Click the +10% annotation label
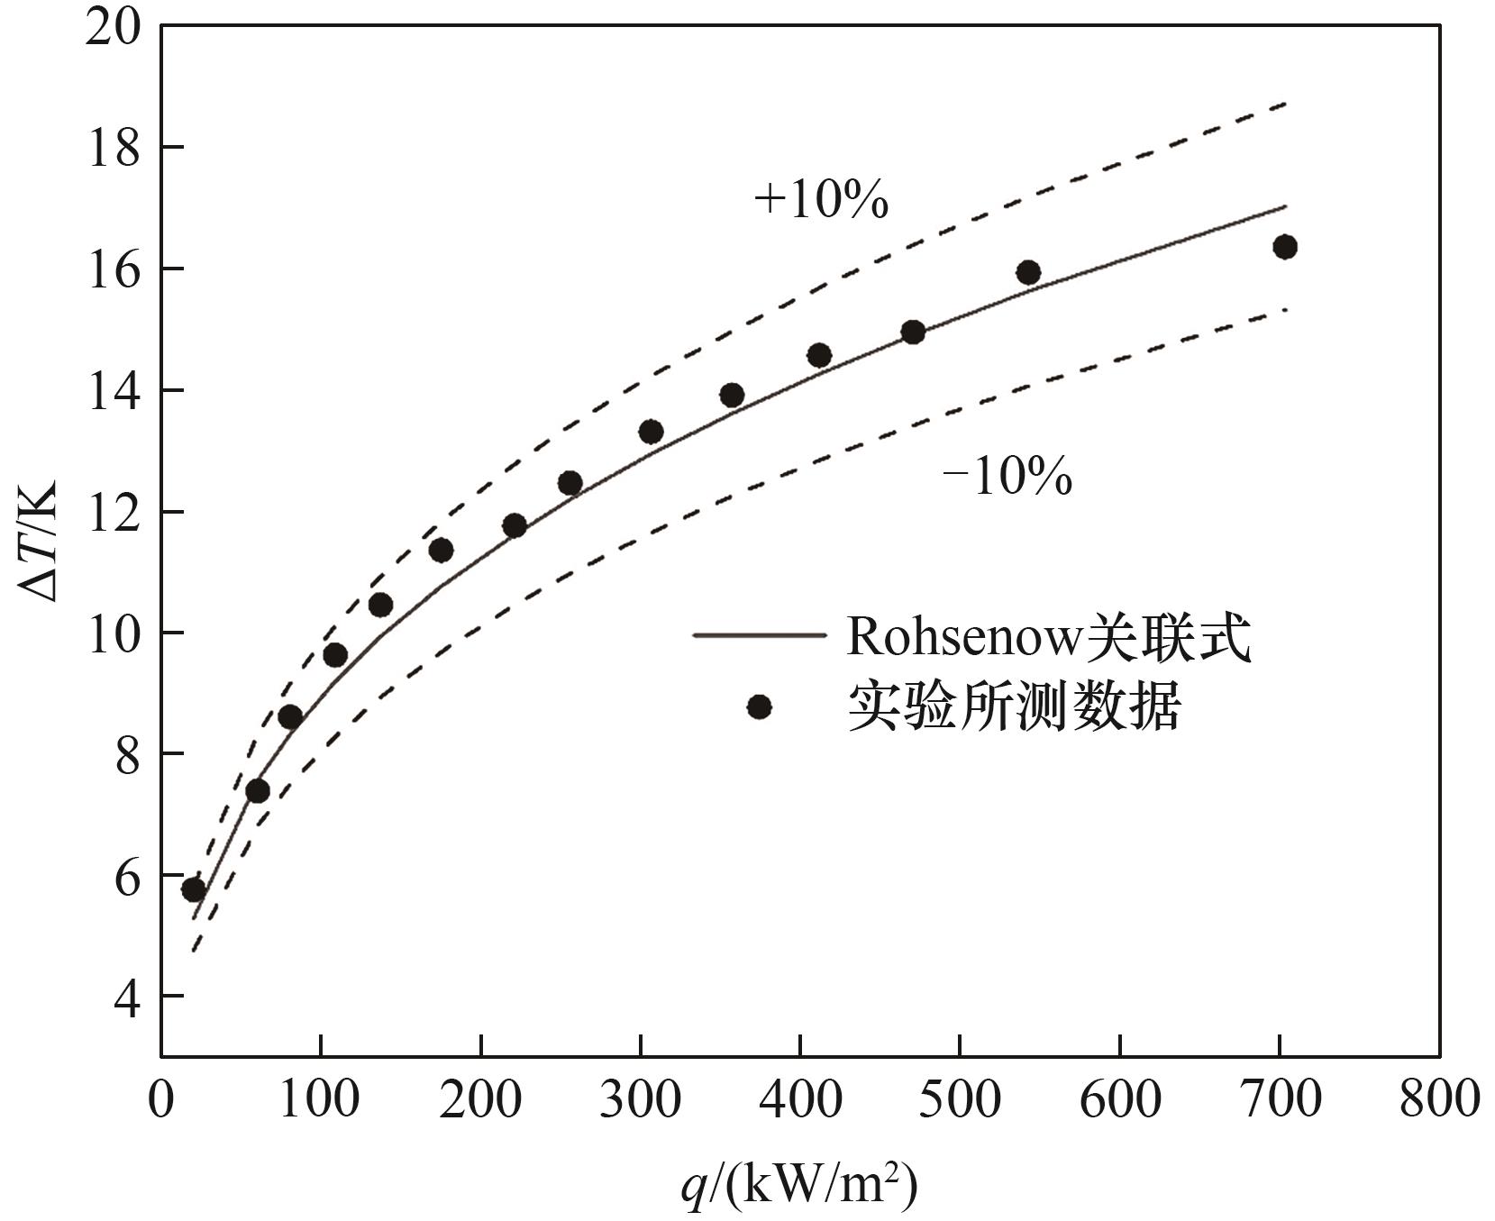coord(821,200)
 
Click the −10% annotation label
coord(1007,477)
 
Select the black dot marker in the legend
coord(760,707)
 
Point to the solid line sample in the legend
coord(759,635)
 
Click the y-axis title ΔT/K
coord(38,542)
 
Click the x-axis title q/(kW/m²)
coord(798,1185)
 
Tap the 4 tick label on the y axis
coord(126,997)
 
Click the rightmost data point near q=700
coord(1285,247)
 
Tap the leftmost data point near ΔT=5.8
coord(194,890)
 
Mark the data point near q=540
coord(1028,272)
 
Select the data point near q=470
coord(913,333)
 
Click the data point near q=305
coord(651,432)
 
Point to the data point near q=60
coord(258,791)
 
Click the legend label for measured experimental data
coord(1013,708)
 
